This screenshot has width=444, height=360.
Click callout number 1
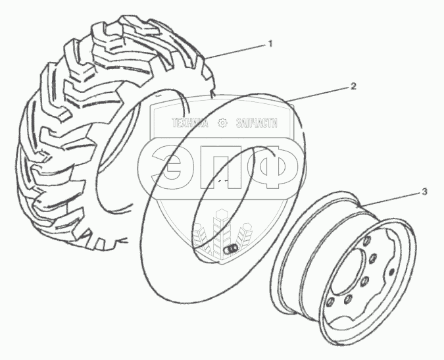(x=270, y=44)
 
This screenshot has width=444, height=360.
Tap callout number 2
(x=353, y=86)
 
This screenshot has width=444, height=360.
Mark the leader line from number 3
(x=395, y=198)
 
